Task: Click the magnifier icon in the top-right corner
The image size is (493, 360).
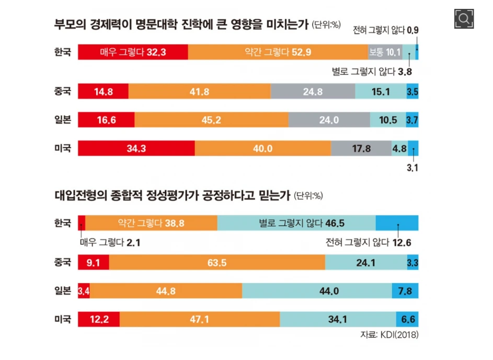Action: tap(463, 19)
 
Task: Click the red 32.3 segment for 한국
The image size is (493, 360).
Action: tap(133, 52)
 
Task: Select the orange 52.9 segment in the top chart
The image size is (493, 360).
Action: tap(278, 52)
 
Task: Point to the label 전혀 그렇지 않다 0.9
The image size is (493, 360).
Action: tap(386, 31)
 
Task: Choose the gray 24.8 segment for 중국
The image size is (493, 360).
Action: tap(313, 91)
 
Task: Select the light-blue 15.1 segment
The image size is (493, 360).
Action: tap(381, 91)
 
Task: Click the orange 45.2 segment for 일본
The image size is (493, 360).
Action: tap(211, 120)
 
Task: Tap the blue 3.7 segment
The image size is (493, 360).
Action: tap(412, 120)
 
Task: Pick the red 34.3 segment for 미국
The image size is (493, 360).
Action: tap(136, 148)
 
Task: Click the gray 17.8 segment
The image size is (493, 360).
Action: tap(361, 148)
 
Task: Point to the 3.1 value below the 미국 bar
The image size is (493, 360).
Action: tap(413, 168)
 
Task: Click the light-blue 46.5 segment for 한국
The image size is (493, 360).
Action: tap(296, 223)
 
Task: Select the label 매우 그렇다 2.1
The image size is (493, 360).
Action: tap(110, 242)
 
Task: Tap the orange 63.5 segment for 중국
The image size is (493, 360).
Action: tap(216, 263)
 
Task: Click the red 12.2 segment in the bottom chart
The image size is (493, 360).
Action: tap(99, 319)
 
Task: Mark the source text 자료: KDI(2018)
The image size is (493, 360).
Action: tap(389, 334)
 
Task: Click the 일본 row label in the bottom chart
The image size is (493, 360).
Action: tap(62, 291)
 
